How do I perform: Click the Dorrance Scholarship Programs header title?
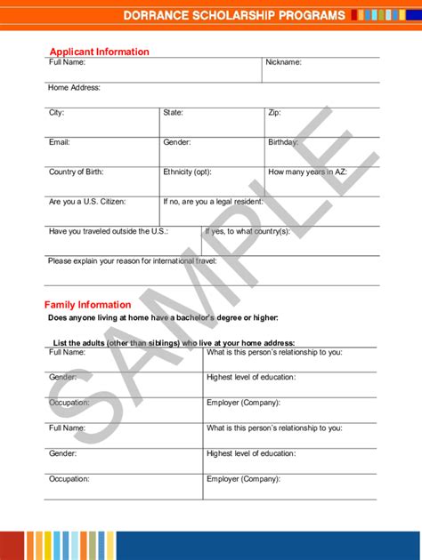pos(234,16)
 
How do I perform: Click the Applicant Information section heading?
pos(99,52)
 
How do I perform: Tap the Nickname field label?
pos(283,63)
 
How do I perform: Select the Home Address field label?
pos(74,88)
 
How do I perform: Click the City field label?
pos(56,113)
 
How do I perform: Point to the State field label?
pos(173,113)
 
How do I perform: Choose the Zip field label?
pos(274,113)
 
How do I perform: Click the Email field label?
pos(59,142)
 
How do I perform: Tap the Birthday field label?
pos(285,142)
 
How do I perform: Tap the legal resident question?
pos(213,202)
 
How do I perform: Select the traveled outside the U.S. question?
pos(109,231)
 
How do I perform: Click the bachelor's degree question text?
pos(163,317)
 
